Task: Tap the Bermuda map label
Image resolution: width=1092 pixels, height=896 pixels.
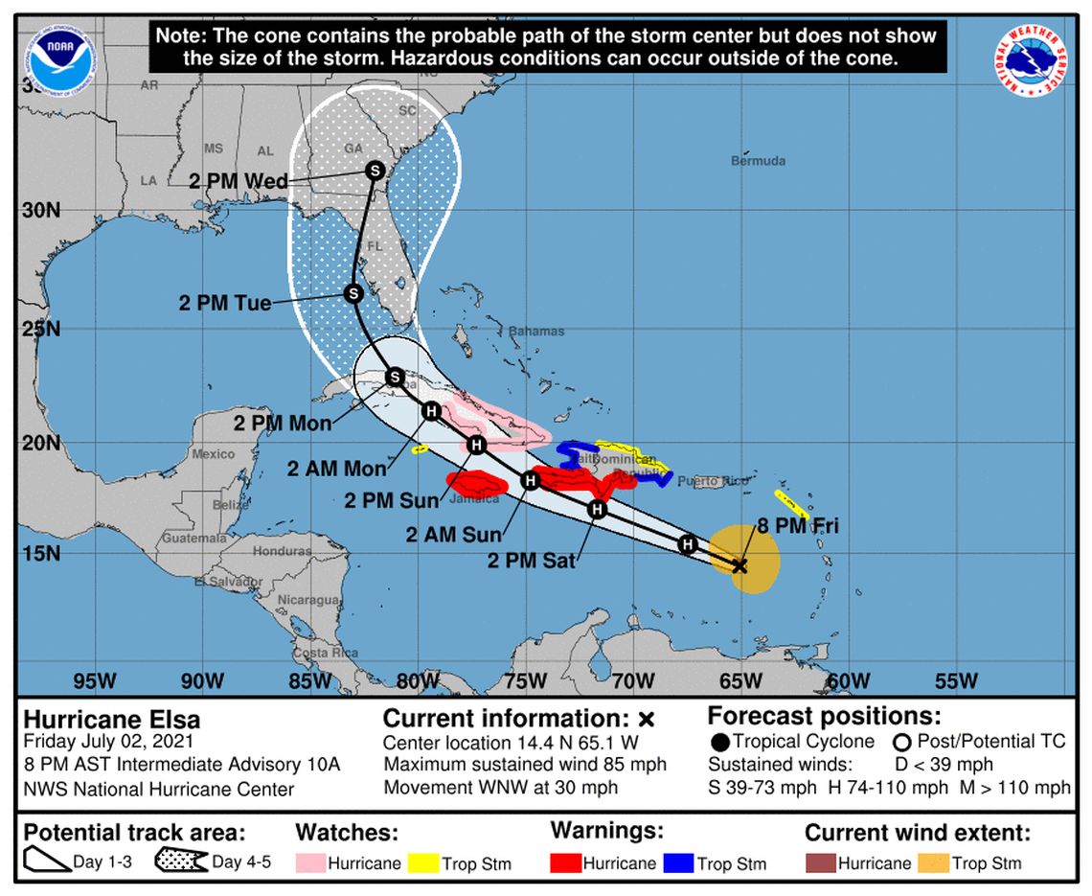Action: (x=758, y=161)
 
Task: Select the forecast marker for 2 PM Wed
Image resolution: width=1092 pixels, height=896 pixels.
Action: (x=375, y=171)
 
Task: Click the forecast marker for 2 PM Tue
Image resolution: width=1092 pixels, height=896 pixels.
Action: (x=353, y=293)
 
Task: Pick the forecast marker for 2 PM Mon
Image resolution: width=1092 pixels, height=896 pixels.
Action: (x=394, y=377)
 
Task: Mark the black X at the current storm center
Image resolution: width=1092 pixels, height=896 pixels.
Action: (x=739, y=565)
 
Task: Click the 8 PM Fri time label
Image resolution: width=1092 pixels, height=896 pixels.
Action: (x=797, y=525)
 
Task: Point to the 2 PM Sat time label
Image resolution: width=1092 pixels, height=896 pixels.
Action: (x=532, y=561)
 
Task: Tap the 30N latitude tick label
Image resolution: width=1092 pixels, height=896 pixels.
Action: (x=41, y=210)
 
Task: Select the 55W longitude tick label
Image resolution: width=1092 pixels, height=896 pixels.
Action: (x=956, y=681)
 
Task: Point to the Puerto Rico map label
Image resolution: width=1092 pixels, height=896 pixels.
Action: (x=713, y=481)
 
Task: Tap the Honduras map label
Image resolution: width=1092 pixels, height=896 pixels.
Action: (x=282, y=551)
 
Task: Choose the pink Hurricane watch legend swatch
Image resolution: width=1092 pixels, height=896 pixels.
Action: (x=309, y=862)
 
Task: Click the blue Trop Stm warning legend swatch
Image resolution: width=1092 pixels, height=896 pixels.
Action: (x=677, y=862)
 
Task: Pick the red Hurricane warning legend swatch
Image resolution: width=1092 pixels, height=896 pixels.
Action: (x=565, y=862)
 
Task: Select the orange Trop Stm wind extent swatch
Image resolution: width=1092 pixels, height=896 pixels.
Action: (x=932, y=862)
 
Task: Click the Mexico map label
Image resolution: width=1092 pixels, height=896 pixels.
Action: (x=213, y=454)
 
